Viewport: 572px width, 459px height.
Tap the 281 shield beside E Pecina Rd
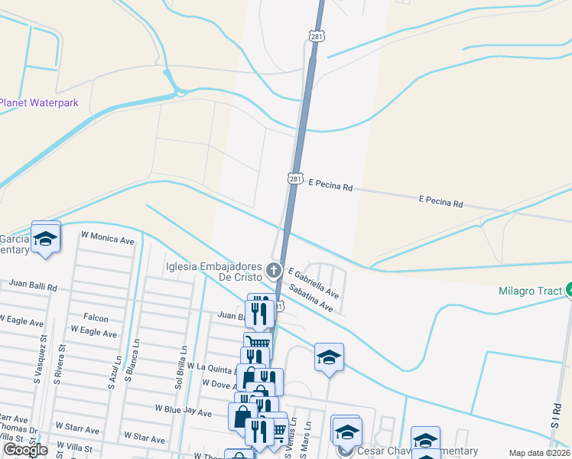pyautogui.click(x=295, y=178)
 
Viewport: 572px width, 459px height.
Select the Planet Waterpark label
pyautogui.click(x=39, y=103)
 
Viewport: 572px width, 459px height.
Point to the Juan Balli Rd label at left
pyautogui.click(x=33, y=285)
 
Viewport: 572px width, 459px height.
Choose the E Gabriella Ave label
pyautogui.click(x=314, y=282)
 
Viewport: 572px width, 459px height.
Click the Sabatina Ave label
pyautogui.click(x=310, y=298)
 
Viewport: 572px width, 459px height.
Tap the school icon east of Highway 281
pyautogui.click(x=329, y=356)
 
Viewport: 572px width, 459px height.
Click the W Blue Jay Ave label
pyautogui.click(x=184, y=412)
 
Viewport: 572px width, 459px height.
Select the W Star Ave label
pyautogui.click(x=144, y=439)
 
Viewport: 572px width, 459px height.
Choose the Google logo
pyautogui.click(x=25, y=450)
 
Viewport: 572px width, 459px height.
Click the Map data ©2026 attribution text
pyautogui.click(x=539, y=453)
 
